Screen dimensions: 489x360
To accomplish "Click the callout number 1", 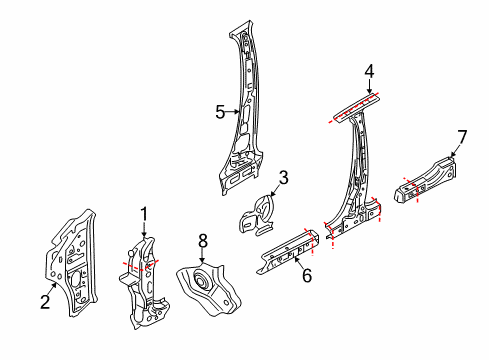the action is (144, 214).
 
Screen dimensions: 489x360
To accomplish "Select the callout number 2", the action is (45, 302).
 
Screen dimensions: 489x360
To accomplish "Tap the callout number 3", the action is (283, 178).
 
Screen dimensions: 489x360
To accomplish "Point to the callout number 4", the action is (369, 72).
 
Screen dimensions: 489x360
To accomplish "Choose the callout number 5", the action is (220, 112).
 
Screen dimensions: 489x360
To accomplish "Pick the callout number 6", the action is (307, 275).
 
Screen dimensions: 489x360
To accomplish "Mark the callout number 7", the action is (462, 137).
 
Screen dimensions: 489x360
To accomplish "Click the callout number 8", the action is (203, 241).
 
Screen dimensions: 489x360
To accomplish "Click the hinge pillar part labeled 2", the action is (72, 263).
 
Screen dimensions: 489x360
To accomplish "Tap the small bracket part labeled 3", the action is (257, 216).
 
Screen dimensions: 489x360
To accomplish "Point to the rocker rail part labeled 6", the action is (289, 251).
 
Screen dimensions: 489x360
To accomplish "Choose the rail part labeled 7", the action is (426, 181).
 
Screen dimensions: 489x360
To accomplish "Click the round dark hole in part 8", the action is (200, 280).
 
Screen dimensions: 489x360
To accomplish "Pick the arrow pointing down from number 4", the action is (369, 87).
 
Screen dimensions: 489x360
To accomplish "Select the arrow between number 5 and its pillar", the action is (232, 112).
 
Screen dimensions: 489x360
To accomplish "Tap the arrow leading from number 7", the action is (455, 151).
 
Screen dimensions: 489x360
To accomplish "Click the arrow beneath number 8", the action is (202, 256).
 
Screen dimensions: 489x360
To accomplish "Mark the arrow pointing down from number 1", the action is (144, 230).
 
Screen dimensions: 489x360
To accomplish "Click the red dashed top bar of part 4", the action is (354, 108).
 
